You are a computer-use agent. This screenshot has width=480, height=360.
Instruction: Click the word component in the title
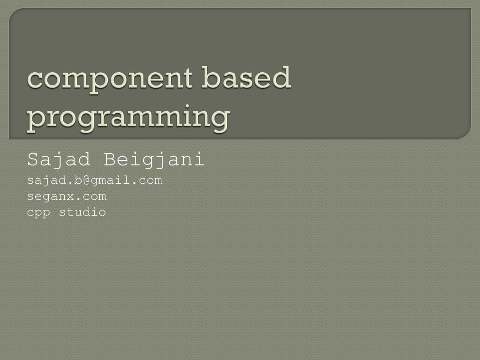point(109,79)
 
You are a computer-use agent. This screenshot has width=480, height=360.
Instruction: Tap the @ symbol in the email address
point(87,180)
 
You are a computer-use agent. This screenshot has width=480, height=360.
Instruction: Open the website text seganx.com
point(67,196)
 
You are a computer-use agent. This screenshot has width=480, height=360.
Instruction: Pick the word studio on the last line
point(82,212)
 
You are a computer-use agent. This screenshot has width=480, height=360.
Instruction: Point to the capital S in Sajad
point(32,160)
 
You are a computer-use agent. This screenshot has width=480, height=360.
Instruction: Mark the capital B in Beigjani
point(109,160)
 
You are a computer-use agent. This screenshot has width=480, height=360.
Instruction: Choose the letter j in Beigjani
point(161,160)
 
